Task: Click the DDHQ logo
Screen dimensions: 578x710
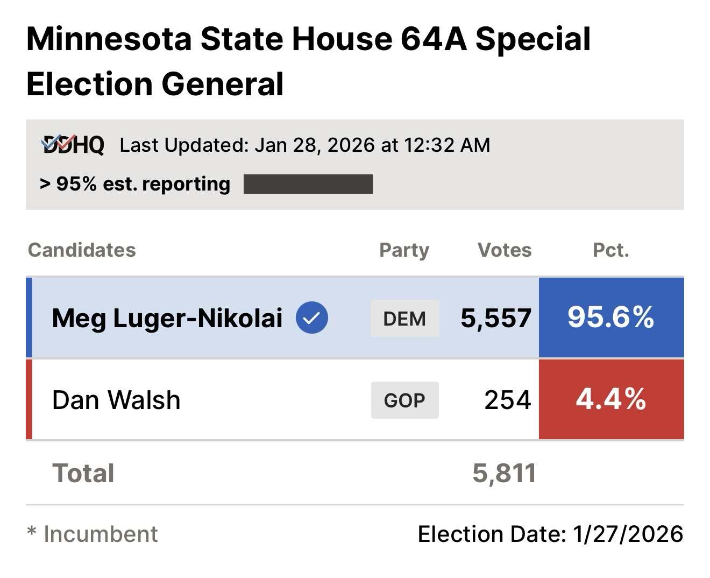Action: click(x=73, y=145)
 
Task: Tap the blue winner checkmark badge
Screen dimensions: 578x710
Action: click(x=312, y=318)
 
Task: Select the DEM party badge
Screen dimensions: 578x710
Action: click(x=404, y=319)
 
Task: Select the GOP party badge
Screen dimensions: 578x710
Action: click(x=404, y=400)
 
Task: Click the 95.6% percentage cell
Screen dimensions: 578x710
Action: click(x=611, y=318)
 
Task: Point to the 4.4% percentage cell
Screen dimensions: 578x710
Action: click(x=611, y=399)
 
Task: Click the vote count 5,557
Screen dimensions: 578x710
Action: click(x=496, y=318)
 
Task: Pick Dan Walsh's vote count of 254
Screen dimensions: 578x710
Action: click(x=507, y=400)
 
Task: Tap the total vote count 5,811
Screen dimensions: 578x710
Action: click(x=504, y=473)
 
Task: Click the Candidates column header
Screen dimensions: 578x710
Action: click(x=82, y=250)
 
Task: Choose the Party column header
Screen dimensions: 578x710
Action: click(x=404, y=250)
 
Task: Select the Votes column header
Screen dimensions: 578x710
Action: click(x=505, y=250)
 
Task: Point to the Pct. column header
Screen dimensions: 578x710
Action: click(x=611, y=250)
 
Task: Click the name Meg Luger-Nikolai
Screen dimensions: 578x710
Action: click(x=167, y=318)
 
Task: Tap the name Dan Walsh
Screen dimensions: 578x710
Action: click(x=116, y=400)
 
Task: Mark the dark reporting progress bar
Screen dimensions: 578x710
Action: click(x=308, y=184)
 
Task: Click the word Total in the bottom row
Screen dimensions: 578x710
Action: click(x=83, y=473)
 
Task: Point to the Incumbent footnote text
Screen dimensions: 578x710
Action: click(x=100, y=534)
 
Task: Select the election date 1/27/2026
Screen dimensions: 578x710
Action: click(x=628, y=534)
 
